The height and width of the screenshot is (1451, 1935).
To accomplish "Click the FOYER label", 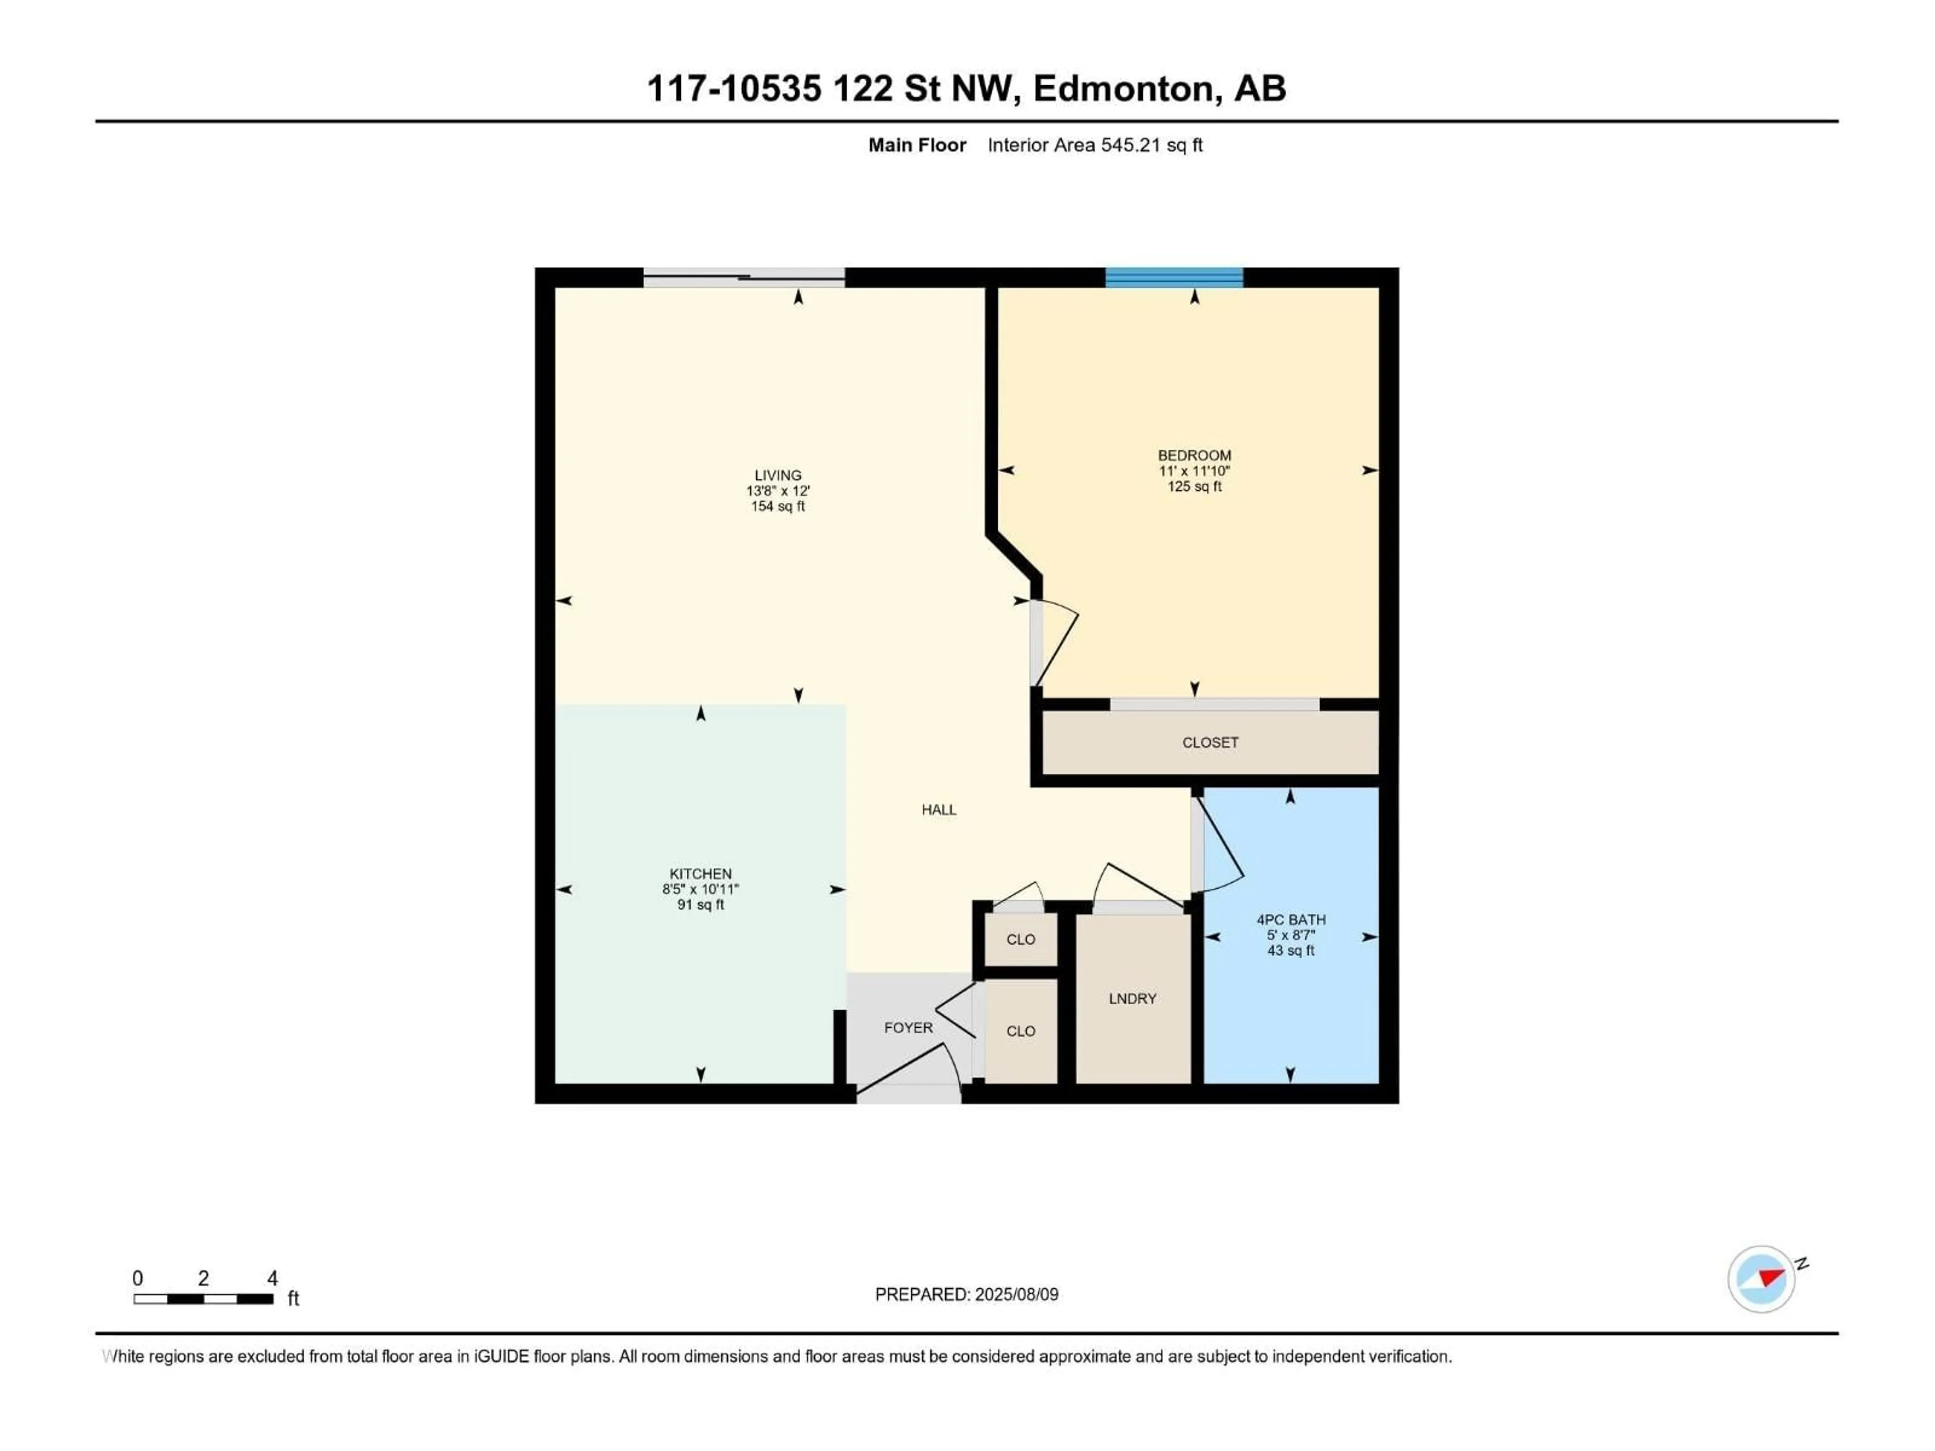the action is coord(908,1028).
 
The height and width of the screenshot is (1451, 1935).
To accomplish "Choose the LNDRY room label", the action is coord(1132,999).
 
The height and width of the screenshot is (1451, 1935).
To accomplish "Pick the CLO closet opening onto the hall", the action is coord(1021,939).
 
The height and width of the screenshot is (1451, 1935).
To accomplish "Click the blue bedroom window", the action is coord(1174,277).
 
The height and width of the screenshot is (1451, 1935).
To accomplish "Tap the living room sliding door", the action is coord(744,277).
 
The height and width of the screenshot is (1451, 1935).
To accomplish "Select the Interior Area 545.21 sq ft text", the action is coord(1094,145).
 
